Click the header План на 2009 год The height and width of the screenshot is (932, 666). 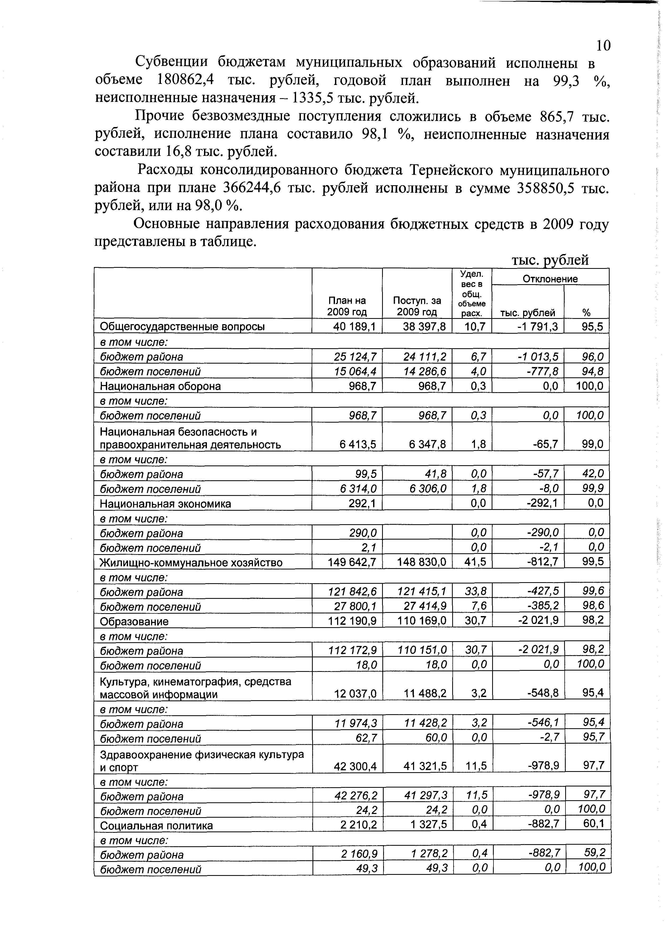(x=347, y=306)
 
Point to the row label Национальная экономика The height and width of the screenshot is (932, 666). (x=165, y=504)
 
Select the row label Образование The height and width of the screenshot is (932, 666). (x=134, y=621)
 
